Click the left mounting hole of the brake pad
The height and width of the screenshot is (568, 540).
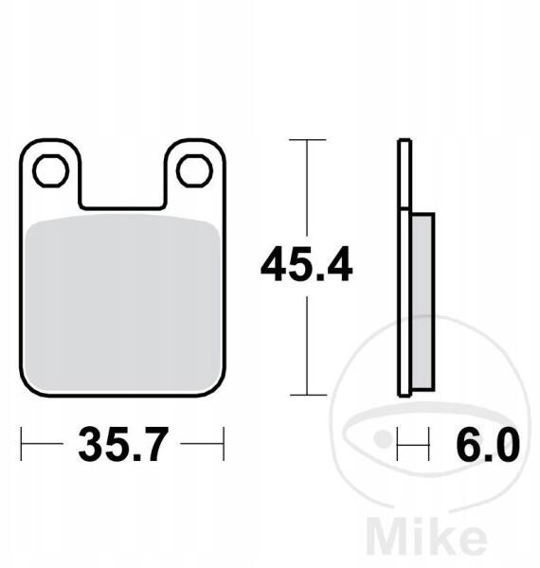51,170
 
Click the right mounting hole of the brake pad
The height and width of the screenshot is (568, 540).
194,170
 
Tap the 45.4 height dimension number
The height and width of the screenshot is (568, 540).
306,264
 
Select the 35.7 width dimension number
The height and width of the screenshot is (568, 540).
123,444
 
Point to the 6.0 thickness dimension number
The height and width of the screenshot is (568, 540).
488,444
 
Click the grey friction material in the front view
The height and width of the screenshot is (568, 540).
123,304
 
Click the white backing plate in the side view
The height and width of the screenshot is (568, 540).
405,267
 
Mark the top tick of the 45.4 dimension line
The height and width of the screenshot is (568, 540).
307,140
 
